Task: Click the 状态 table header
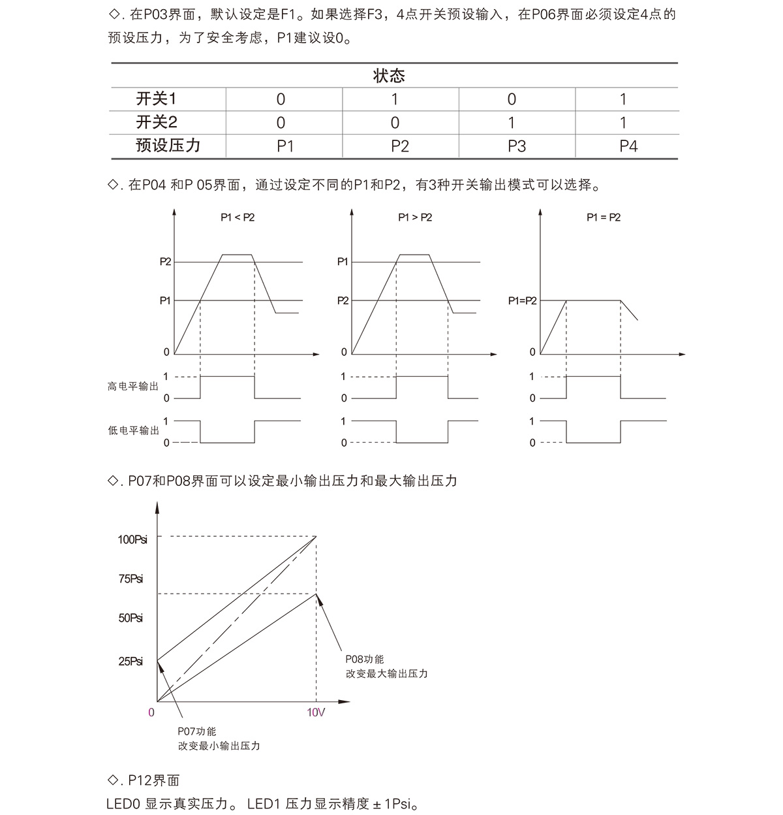coord(389,76)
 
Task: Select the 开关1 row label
coord(156,99)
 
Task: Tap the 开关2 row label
coord(156,123)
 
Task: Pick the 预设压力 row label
coord(168,146)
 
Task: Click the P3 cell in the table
coord(516,146)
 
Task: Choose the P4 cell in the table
coord(628,146)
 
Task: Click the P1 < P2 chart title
coord(238,217)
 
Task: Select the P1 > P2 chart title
coord(415,217)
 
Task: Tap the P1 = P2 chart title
coord(604,217)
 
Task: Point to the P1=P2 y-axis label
coord(522,301)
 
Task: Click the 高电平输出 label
coord(133,387)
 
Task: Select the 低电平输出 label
coord(133,431)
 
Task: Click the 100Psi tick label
coord(132,539)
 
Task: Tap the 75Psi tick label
coord(131,579)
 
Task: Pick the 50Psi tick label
coord(131,618)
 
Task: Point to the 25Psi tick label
coord(131,661)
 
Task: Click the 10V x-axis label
coord(316,712)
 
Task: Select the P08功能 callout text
coord(365,660)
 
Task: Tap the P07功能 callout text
coord(196,731)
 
